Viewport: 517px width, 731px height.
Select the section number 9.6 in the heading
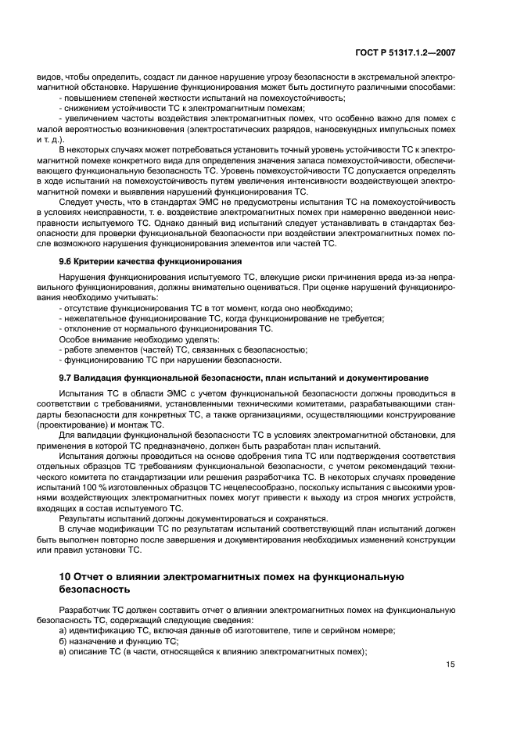pos(67,260)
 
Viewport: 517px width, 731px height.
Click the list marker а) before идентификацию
pos(63,631)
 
